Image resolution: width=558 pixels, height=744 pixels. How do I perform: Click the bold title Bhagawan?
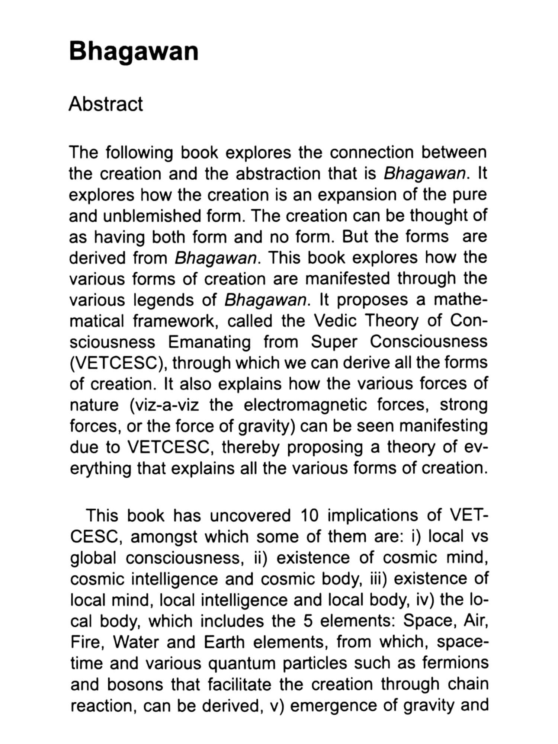coord(134,51)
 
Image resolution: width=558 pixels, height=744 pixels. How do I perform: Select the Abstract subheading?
coord(106,104)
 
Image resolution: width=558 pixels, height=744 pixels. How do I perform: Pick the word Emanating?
coord(209,342)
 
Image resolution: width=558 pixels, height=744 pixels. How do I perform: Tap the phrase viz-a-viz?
coord(164,405)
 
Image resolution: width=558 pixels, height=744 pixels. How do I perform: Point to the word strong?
coord(464,405)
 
